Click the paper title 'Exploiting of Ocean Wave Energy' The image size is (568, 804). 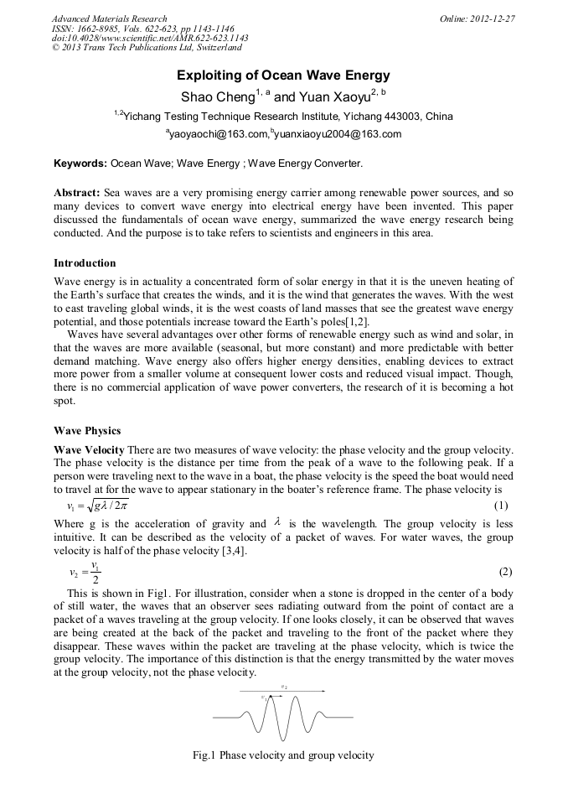tap(283, 75)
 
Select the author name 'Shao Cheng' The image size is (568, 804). tap(216, 97)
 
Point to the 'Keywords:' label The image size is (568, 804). tap(80, 163)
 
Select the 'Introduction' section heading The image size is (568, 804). tap(85, 263)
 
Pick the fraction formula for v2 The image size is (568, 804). tap(85, 573)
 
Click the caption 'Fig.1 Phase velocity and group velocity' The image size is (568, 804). tap(283, 755)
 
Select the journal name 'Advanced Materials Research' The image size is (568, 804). tap(109, 18)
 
